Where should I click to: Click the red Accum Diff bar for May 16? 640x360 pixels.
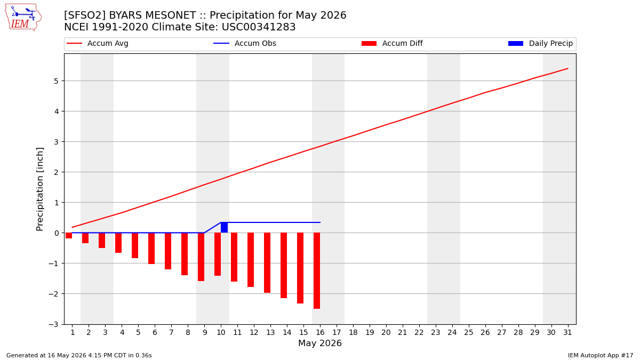(317, 270)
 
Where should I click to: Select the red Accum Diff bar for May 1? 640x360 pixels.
(69, 235)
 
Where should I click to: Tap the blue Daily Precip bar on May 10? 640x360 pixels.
(225, 227)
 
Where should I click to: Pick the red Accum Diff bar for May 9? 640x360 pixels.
(201, 257)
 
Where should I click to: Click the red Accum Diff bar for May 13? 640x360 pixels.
(267, 263)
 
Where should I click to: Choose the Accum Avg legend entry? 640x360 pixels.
(98, 43)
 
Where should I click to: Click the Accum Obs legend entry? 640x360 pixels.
(245, 43)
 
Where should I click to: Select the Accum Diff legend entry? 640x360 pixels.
(392, 43)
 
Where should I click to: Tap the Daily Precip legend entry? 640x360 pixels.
(541, 43)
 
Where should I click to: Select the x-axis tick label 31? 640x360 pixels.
(567, 332)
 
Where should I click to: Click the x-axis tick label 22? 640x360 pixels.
(419, 332)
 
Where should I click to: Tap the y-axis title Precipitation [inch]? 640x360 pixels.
(39, 189)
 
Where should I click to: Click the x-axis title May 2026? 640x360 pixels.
(320, 343)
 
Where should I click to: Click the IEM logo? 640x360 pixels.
(23, 18)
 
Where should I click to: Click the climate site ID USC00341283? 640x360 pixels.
(259, 27)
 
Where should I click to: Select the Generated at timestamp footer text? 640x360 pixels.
(79, 355)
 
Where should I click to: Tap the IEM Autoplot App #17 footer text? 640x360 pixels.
(601, 355)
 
